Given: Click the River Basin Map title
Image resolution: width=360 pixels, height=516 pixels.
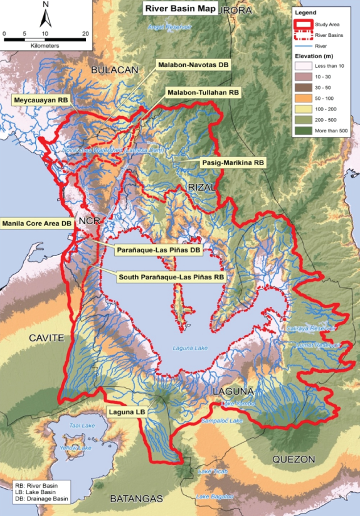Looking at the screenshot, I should click(x=180, y=9).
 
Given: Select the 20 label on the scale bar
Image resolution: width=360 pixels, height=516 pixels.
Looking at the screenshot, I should click(x=85, y=33).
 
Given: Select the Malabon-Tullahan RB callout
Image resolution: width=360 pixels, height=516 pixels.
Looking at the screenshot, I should click(x=203, y=92).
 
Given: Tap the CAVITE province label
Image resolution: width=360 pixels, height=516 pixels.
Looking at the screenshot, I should click(x=46, y=338).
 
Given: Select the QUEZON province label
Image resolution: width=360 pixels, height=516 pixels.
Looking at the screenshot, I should click(x=293, y=460).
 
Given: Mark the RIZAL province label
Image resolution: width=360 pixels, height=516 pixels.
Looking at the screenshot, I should click(x=202, y=188).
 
